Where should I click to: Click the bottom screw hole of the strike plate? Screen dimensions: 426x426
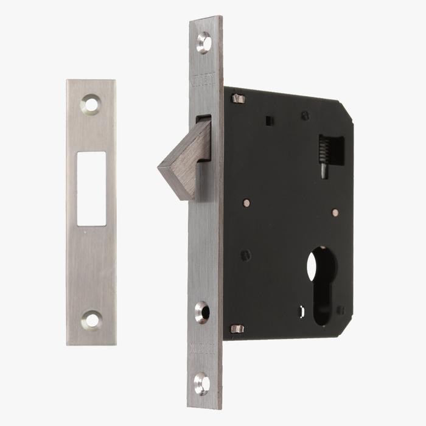pos(92,319)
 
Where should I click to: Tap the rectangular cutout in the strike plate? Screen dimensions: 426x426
pos(91,180)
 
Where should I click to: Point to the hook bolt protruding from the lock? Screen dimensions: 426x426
pos(184,160)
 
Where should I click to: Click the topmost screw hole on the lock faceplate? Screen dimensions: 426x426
pos(204,43)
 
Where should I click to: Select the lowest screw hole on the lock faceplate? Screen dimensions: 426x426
pos(202,383)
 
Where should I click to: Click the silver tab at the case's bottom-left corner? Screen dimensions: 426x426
pos(237,329)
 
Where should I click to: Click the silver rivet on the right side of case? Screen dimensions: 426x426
pos(335,212)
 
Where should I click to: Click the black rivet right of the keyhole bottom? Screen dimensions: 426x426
pos(340,310)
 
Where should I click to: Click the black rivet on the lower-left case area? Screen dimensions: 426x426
pos(245,255)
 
